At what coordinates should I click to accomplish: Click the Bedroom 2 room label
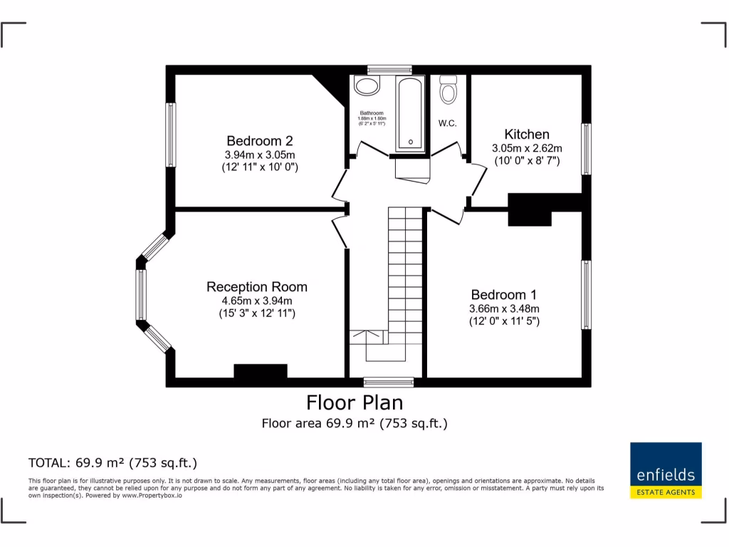coord(259,141)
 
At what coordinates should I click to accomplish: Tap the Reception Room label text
coord(257,287)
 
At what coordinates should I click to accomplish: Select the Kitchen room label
coord(527,135)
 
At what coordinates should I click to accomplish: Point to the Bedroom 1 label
coord(504,295)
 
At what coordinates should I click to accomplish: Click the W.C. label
coord(447,123)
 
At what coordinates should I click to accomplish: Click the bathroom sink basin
coord(367,87)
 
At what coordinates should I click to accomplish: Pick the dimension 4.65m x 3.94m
coord(257,301)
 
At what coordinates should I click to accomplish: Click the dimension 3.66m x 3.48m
coord(504,308)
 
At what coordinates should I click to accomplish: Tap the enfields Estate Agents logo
coord(666,470)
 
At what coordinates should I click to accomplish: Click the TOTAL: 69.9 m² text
coord(112,462)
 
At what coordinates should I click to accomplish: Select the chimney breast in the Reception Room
coord(261,371)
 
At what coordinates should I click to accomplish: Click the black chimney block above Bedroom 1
coord(530,209)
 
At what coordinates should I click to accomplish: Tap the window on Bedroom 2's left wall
coord(171,135)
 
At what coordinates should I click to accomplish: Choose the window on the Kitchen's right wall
coord(586,149)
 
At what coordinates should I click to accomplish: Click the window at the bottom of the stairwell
coord(388,382)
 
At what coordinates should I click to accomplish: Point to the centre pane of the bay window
coord(141,295)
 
